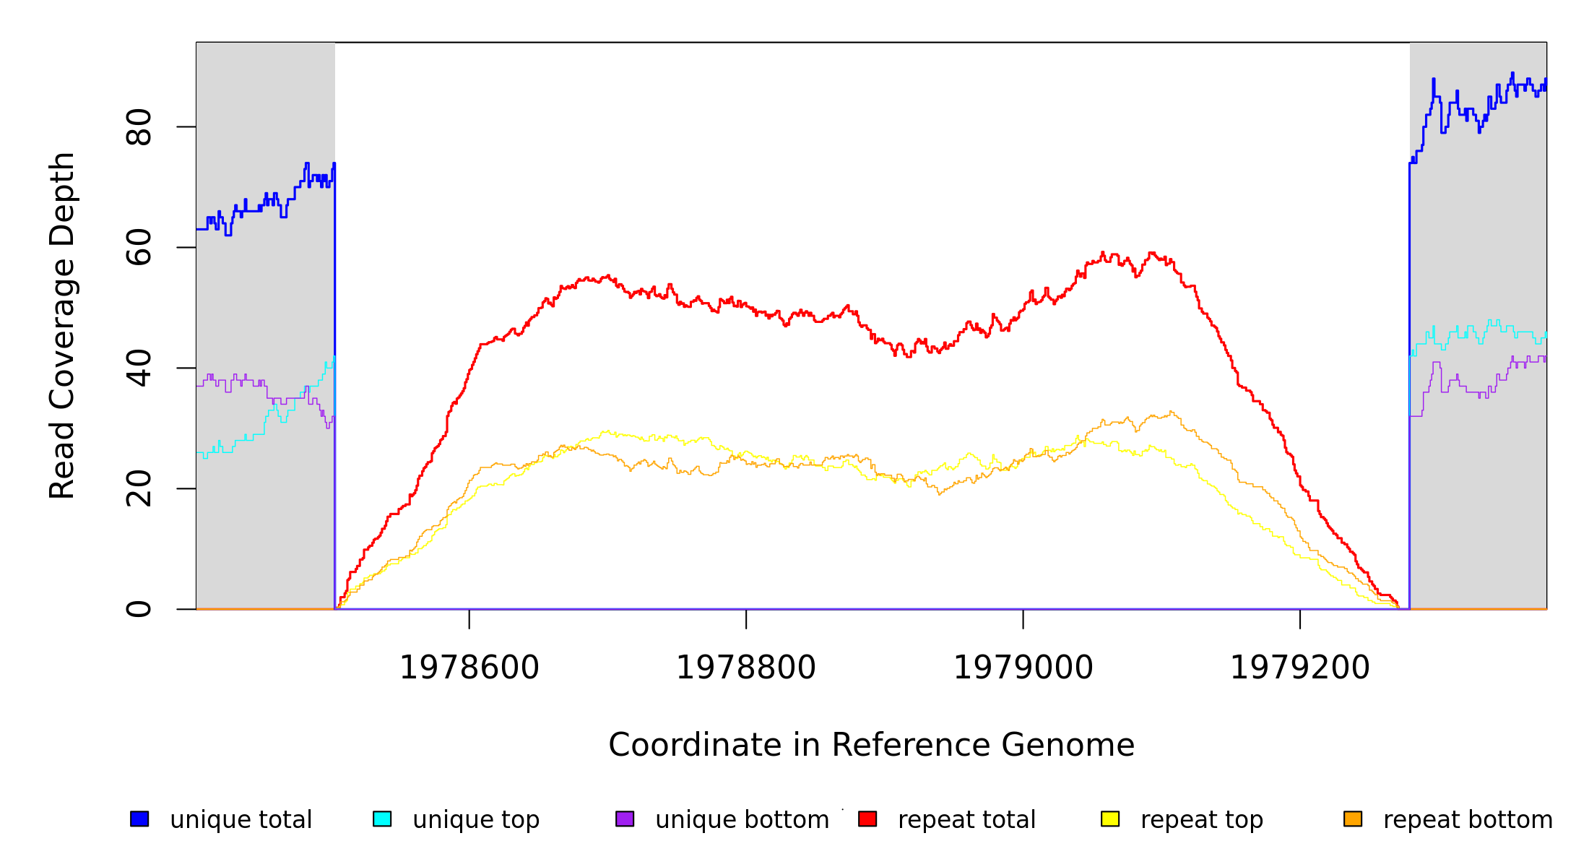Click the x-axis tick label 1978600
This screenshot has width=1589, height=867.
pyautogui.click(x=469, y=668)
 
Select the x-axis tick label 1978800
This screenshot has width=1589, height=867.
pyautogui.click(x=745, y=668)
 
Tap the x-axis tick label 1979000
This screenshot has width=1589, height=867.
pyautogui.click(x=1023, y=668)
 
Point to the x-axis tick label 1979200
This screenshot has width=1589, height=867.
pyautogui.click(x=1299, y=668)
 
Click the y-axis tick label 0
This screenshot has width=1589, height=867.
pyautogui.click(x=139, y=608)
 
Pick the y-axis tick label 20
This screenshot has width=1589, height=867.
pyautogui.click(x=139, y=488)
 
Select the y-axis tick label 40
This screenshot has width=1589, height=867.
pyautogui.click(x=139, y=368)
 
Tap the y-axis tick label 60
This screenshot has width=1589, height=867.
pyautogui.click(x=139, y=247)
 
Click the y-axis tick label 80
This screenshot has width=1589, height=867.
pyautogui.click(x=139, y=127)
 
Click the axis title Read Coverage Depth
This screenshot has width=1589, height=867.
pyautogui.click(x=62, y=325)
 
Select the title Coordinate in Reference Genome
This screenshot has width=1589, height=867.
pyautogui.click(x=871, y=745)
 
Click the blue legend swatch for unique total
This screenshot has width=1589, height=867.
pyautogui.click(x=139, y=819)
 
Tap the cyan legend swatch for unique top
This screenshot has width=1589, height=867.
pyautogui.click(x=382, y=819)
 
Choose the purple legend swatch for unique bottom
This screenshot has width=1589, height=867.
pyautogui.click(x=625, y=819)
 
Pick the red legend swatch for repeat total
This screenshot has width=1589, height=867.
pyautogui.click(x=867, y=819)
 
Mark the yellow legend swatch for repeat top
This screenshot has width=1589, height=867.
pyautogui.click(x=1110, y=819)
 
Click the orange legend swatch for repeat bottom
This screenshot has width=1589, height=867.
pyautogui.click(x=1353, y=819)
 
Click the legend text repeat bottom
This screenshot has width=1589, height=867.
pyautogui.click(x=1468, y=820)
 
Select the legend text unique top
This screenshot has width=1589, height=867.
pyautogui.click(x=476, y=820)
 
